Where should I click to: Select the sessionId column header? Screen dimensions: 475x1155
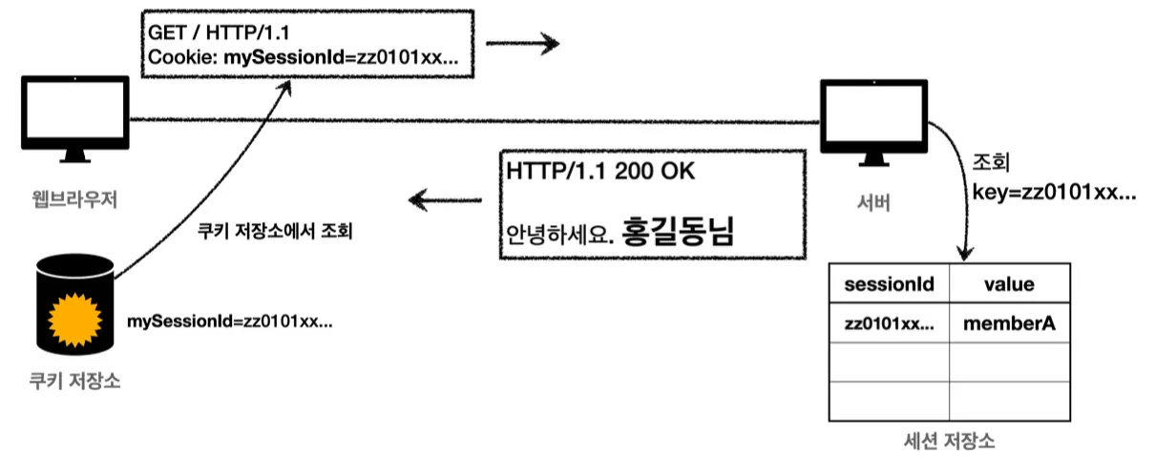point(890,284)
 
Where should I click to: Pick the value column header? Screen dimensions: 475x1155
point(1010,284)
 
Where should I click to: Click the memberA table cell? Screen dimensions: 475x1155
point(1010,324)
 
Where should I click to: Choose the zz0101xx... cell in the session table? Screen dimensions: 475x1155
point(890,324)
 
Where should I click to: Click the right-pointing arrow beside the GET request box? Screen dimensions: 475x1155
point(520,43)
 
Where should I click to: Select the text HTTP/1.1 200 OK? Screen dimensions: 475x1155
point(601,173)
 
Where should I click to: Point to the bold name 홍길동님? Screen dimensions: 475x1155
point(678,232)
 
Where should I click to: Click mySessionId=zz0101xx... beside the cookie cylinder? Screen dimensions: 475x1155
point(230,320)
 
